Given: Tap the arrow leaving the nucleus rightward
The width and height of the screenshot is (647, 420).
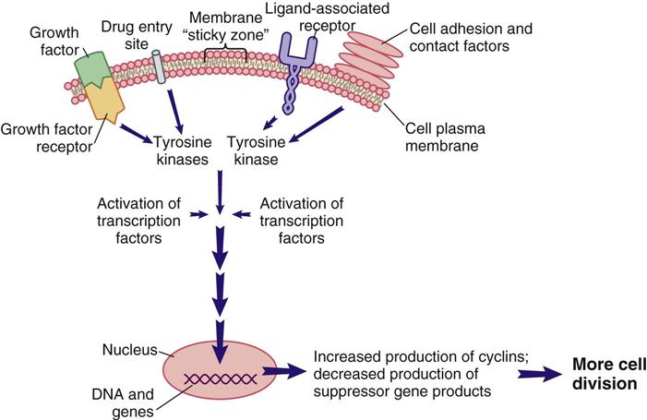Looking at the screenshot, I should (x=283, y=373).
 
